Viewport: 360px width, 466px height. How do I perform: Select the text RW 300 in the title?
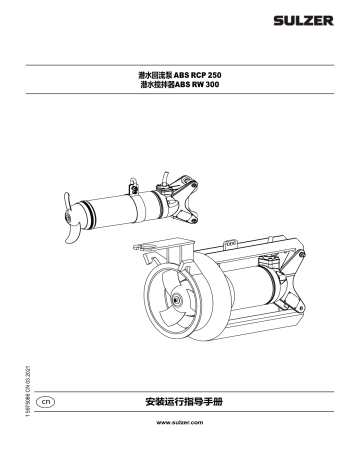[217, 87]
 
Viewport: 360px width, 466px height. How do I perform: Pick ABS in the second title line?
[188, 87]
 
